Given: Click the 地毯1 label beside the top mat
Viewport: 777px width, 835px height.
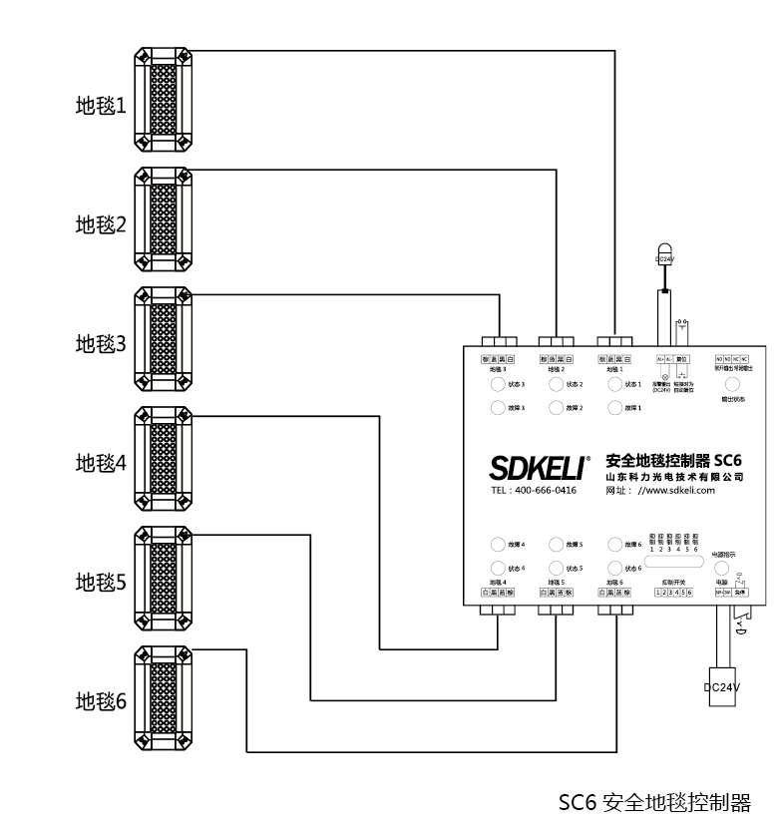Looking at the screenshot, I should pos(102,105).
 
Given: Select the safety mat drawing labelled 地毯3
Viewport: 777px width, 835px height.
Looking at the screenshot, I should pos(163,344).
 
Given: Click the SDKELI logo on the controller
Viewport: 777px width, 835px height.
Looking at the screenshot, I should pos(537,467).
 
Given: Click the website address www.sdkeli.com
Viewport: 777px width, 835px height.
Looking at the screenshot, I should pos(677,490).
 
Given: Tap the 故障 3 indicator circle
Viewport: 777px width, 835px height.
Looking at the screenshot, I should pos(497,408).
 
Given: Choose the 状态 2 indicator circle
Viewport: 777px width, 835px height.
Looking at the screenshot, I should pos(556,384).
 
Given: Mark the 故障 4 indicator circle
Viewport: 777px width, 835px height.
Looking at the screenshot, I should pos(497,545).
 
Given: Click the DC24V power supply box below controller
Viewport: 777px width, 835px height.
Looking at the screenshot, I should pos(723,687).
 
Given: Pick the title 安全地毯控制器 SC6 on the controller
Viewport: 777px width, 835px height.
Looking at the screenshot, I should pos(674,461).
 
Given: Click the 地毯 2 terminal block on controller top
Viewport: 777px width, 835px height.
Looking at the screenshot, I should pos(556,358).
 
